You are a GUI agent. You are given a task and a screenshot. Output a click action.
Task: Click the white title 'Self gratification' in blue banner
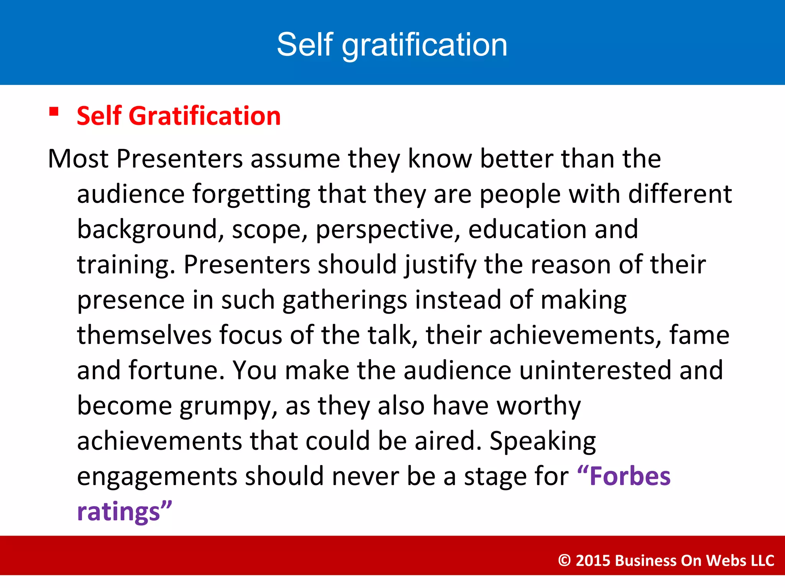pyautogui.click(x=392, y=45)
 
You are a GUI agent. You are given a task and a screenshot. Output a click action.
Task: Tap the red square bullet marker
pyautogui.click(x=54, y=111)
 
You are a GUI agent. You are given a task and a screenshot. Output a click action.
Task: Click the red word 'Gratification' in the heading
pyautogui.click(x=205, y=116)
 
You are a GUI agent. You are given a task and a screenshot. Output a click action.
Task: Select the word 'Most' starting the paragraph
pyautogui.click(x=78, y=158)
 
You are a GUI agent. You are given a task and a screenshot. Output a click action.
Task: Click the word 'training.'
pyautogui.click(x=126, y=265)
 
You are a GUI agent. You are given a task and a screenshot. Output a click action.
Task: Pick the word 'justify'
pyautogui.click(x=440, y=265)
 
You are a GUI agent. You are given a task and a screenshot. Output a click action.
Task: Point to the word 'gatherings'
pyautogui.click(x=345, y=300)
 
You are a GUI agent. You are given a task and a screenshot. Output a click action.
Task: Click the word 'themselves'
pyautogui.click(x=144, y=335)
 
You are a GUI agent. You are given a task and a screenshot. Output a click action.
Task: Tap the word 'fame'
pyautogui.click(x=699, y=335)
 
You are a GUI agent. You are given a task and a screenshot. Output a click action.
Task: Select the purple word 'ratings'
pyautogui.click(x=118, y=512)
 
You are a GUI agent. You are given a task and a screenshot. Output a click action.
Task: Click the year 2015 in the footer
pyautogui.click(x=593, y=560)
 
